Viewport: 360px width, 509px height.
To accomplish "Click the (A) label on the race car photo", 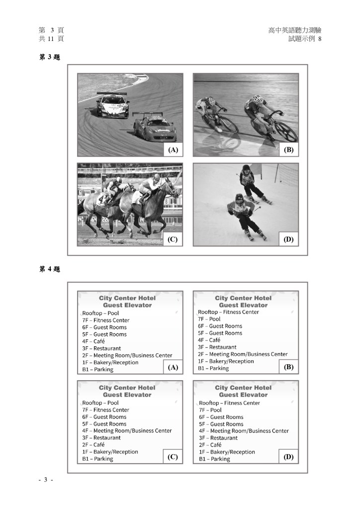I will pos(173,149).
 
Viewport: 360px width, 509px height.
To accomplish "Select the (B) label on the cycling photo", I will pos(289,149).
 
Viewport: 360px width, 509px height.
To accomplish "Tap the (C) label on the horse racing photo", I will pos(173,239).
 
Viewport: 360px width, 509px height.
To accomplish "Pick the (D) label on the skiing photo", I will pos(289,239).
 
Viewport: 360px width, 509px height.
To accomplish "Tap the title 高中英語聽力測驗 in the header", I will pos(294,30).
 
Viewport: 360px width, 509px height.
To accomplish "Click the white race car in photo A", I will pos(112,105).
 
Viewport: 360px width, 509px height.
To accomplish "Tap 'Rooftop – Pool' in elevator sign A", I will pos(100,313).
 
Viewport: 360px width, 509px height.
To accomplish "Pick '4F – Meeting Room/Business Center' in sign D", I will pos(244,431).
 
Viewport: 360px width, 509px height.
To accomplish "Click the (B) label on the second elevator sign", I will pos(289,367).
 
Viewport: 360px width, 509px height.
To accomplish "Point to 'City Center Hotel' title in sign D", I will pos(243,388).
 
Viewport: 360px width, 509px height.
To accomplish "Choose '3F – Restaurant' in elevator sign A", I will pos(101,348).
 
